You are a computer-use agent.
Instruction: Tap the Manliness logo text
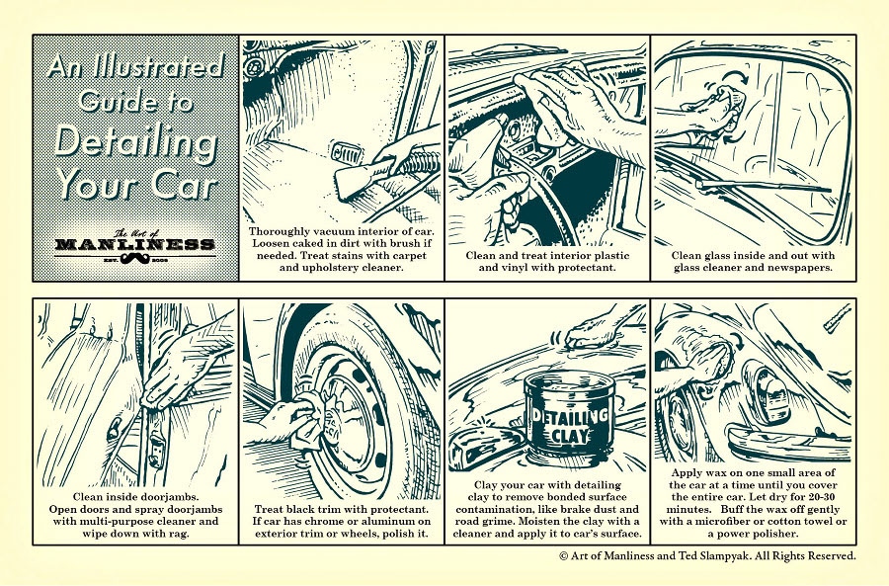point(134,244)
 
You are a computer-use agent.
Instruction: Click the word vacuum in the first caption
point(334,230)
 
